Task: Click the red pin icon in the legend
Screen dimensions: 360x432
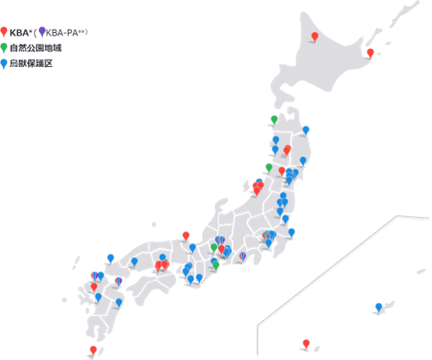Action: coord(4,31)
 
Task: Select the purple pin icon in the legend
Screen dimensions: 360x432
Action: coord(42,31)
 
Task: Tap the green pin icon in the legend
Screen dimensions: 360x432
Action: coord(4,47)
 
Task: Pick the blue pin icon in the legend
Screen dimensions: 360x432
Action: coord(4,62)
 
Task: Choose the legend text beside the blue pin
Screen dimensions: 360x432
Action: coord(31,63)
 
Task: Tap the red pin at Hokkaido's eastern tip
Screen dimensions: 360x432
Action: coord(370,53)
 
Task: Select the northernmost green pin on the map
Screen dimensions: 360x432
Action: coord(274,119)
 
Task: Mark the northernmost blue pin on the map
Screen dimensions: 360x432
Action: coord(305,129)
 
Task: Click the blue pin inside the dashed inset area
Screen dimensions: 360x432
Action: coord(378,307)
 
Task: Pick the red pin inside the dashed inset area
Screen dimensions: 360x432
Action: coord(306,343)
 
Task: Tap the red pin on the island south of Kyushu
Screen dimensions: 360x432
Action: coord(93,350)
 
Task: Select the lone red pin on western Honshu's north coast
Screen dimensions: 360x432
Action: coord(186,235)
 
